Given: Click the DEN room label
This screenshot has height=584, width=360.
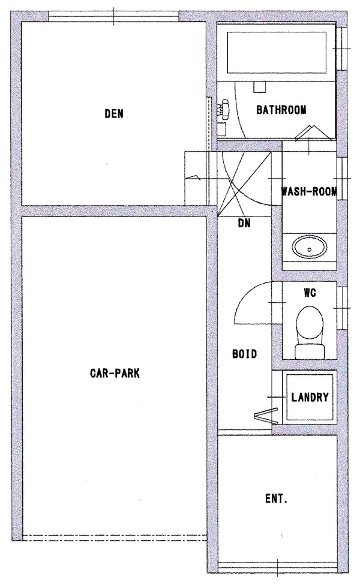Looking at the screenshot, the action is pyautogui.click(x=114, y=113).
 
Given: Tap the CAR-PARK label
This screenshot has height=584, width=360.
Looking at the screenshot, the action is pyautogui.click(x=115, y=373).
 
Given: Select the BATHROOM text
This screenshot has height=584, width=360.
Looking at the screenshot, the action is pyautogui.click(x=281, y=110).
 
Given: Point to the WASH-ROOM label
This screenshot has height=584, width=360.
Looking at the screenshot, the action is pyautogui.click(x=309, y=191).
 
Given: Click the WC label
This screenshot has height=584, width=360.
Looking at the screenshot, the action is pyautogui.click(x=310, y=293).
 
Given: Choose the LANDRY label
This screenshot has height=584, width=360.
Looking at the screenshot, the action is pyautogui.click(x=310, y=397).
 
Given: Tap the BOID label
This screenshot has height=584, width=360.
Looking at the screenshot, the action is pyautogui.click(x=244, y=353).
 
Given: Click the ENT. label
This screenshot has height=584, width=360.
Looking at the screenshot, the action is pyautogui.click(x=276, y=499).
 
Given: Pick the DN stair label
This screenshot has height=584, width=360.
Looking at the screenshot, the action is pyautogui.click(x=244, y=223).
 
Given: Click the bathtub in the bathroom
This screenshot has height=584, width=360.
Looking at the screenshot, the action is pyautogui.click(x=277, y=53).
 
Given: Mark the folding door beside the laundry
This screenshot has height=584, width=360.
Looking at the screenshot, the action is pyautogui.click(x=266, y=416).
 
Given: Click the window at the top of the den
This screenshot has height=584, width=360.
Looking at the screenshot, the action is pyautogui.click(x=114, y=16).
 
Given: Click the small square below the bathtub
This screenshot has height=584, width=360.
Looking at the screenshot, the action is pyautogui.click(x=259, y=87).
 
